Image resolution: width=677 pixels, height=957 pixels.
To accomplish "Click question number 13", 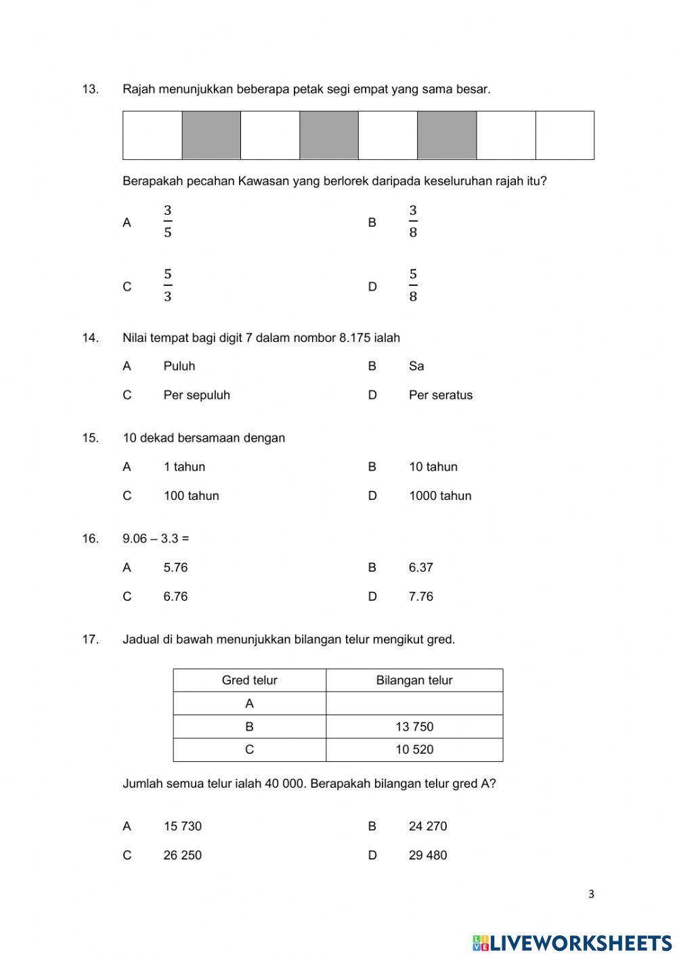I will [x=90, y=89].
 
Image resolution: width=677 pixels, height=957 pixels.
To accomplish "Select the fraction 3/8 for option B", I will [x=412, y=221].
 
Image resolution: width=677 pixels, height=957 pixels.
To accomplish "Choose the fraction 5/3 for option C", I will [x=167, y=286].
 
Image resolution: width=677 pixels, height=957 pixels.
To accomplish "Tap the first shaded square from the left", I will [x=211, y=135].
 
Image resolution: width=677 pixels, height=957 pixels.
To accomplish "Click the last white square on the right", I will [x=565, y=135].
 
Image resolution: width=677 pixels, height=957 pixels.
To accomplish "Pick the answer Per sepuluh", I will [x=196, y=395].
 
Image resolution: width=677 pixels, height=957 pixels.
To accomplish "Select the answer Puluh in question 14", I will [x=179, y=366].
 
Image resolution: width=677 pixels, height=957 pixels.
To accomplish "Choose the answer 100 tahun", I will [x=191, y=496].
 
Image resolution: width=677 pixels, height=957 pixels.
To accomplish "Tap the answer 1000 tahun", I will [x=440, y=496].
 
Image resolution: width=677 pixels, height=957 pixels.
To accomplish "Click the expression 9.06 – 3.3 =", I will [x=156, y=538].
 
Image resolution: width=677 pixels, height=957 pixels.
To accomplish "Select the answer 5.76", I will [x=175, y=568].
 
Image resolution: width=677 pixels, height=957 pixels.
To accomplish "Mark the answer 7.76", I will [x=420, y=597].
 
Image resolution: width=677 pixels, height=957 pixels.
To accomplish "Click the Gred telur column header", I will [x=249, y=680].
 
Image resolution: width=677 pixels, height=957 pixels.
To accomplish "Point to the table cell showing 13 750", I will [x=414, y=727].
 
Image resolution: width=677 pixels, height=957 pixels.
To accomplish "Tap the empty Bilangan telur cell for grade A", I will [x=414, y=704].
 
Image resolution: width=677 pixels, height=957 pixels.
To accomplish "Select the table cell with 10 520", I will [x=414, y=750].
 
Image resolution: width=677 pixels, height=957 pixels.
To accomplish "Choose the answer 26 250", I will [x=182, y=855].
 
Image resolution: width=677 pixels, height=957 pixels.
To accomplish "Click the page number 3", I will [x=591, y=894].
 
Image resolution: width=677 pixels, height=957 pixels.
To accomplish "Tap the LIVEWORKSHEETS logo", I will [x=572, y=942].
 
